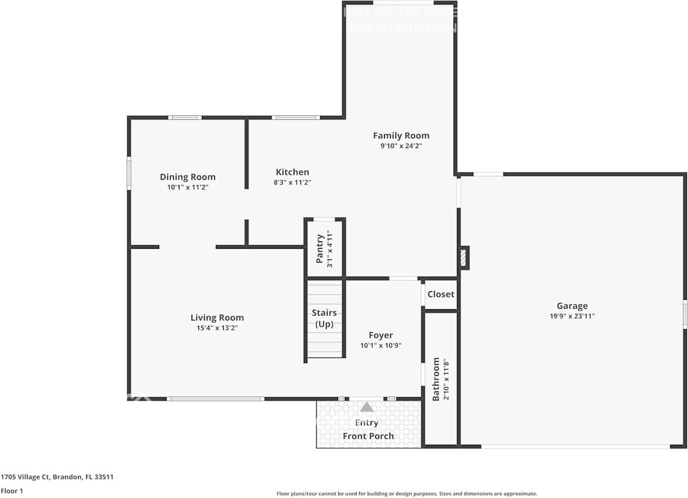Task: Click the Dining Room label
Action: [x=187, y=177]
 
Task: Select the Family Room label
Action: [x=401, y=136]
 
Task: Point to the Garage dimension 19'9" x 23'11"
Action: [x=572, y=316]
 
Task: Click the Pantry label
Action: [x=320, y=249]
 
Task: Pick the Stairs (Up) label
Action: [x=325, y=318]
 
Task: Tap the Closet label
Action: [x=441, y=294]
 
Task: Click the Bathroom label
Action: [x=436, y=379]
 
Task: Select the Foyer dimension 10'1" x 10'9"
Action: [x=381, y=346]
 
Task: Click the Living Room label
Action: [x=217, y=318]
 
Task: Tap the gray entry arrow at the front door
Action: [x=367, y=407]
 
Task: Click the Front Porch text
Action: [x=368, y=436]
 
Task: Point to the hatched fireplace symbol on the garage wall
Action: [x=463, y=258]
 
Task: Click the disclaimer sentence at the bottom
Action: [x=407, y=494]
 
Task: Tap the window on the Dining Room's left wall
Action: [x=129, y=173]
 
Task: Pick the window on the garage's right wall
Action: [x=684, y=314]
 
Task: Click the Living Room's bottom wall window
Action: [x=216, y=399]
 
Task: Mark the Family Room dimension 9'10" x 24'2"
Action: [x=401, y=146]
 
